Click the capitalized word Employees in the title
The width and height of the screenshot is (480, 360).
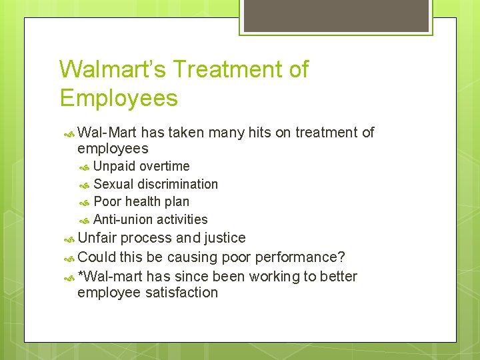(119, 98)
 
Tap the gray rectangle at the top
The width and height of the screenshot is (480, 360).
(335, 15)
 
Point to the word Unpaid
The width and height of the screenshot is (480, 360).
(114, 166)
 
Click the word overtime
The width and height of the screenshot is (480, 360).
(164, 166)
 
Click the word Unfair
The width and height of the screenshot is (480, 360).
(97, 238)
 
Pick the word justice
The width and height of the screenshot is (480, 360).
(223, 238)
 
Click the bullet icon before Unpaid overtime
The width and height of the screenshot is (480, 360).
(85, 167)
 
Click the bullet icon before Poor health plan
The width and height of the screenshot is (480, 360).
(85, 202)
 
